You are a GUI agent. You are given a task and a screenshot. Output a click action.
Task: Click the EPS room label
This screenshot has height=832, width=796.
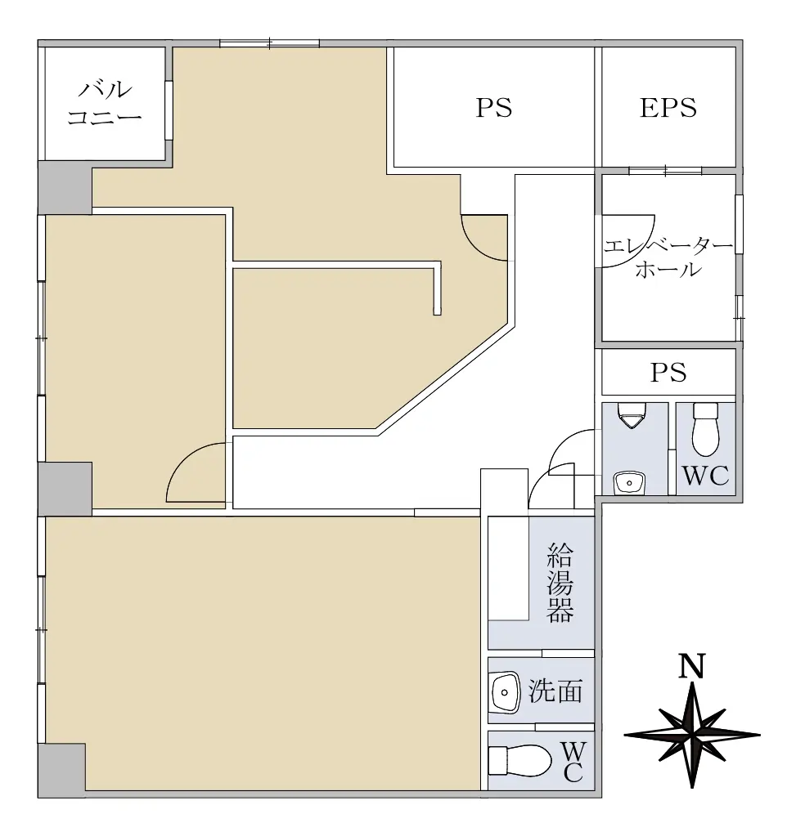[x=668, y=108]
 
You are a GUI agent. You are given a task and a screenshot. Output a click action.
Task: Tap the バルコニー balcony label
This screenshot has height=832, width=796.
[x=105, y=103]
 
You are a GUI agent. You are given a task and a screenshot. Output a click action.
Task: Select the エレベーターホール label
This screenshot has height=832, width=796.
[x=668, y=258]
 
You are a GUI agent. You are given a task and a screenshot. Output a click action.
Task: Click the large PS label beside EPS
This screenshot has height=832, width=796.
[x=493, y=108]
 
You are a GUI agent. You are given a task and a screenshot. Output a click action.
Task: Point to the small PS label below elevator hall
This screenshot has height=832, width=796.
[x=668, y=373]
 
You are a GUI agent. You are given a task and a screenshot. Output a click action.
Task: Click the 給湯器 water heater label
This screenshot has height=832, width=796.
[x=560, y=582]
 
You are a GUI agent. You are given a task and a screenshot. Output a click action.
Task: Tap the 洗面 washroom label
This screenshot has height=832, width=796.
[x=555, y=691]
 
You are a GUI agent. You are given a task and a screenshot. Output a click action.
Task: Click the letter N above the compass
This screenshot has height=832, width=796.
[x=692, y=666]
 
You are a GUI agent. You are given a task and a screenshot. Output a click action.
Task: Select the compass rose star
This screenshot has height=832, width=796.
[x=692, y=735]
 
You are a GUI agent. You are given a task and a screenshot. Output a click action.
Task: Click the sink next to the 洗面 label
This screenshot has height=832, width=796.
[x=505, y=692]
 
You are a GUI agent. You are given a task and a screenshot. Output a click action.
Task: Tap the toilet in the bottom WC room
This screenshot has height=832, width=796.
[x=519, y=761]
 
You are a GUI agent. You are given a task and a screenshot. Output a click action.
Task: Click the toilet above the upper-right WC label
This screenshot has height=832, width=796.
[x=705, y=429]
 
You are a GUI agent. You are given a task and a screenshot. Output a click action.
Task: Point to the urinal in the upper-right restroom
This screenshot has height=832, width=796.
[x=632, y=415]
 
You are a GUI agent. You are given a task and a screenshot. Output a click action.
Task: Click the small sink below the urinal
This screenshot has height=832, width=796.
[x=629, y=483]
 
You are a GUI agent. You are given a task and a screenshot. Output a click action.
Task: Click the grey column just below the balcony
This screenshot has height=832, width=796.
[x=65, y=188]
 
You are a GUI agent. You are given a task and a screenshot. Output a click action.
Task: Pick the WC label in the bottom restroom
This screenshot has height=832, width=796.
[x=574, y=763]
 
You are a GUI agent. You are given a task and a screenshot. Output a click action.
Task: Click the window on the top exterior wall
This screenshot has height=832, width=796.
[x=270, y=43]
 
